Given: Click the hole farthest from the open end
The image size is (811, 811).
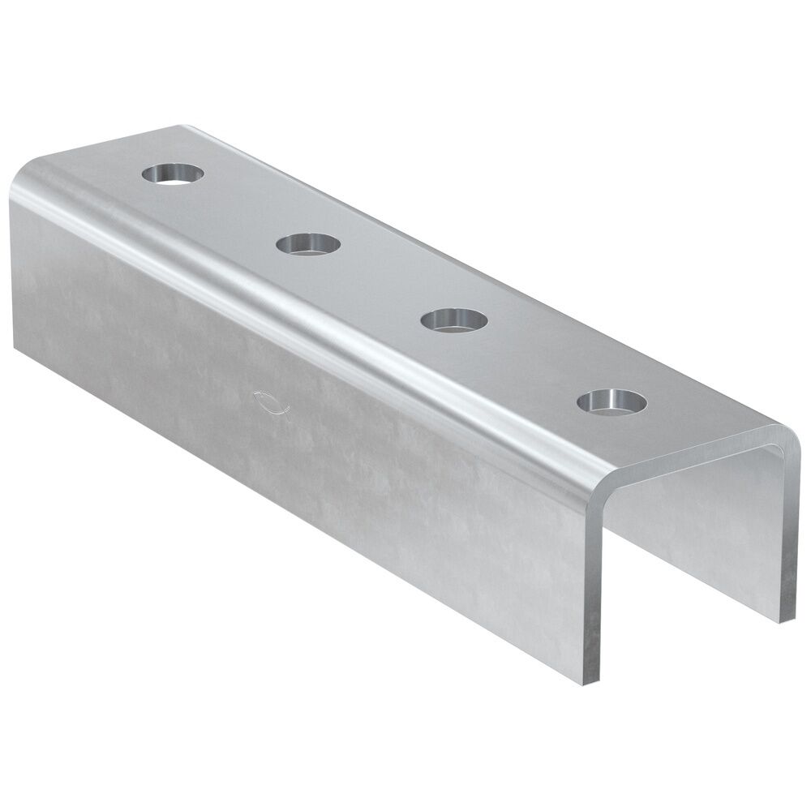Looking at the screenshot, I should tap(173, 173).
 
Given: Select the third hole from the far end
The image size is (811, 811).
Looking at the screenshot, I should tap(454, 319).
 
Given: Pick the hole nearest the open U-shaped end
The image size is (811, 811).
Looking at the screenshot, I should tap(612, 401).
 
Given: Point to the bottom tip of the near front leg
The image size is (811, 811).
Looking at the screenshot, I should tap(591, 679).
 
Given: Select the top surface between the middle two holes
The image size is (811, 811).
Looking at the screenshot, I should tap(381, 281).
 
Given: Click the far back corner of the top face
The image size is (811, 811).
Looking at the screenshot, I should tap(182, 127).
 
